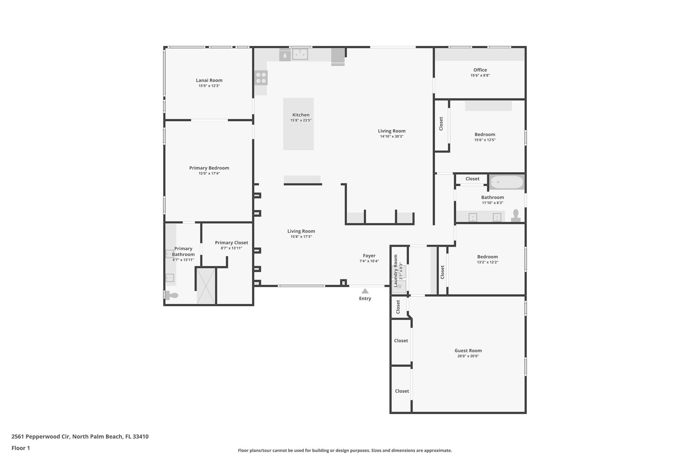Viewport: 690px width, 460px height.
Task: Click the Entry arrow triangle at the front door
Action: [365, 291]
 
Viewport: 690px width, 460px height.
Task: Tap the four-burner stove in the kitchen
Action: [261, 78]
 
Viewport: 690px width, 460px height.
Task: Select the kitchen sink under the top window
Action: [300, 54]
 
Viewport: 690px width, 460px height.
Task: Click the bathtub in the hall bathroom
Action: [507, 182]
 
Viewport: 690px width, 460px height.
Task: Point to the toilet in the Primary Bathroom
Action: [172, 296]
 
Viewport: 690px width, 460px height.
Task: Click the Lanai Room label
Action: [209, 80]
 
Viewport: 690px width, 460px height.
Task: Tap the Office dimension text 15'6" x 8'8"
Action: [480, 75]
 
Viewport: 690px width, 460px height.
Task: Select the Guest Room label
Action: [468, 350]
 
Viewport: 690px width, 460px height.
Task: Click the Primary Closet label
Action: [231, 243]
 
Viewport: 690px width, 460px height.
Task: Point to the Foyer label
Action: [369, 256]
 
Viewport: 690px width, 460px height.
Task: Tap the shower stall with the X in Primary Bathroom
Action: [206, 286]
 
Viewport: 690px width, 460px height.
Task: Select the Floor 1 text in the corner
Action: [21, 448]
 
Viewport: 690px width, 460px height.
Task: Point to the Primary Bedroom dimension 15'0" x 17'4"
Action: [209, 174]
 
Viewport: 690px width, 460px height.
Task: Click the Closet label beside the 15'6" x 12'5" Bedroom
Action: [441, 124]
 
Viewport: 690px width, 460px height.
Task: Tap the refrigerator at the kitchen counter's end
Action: [338, 56]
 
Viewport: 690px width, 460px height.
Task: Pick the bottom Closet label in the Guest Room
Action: [402, 391]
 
